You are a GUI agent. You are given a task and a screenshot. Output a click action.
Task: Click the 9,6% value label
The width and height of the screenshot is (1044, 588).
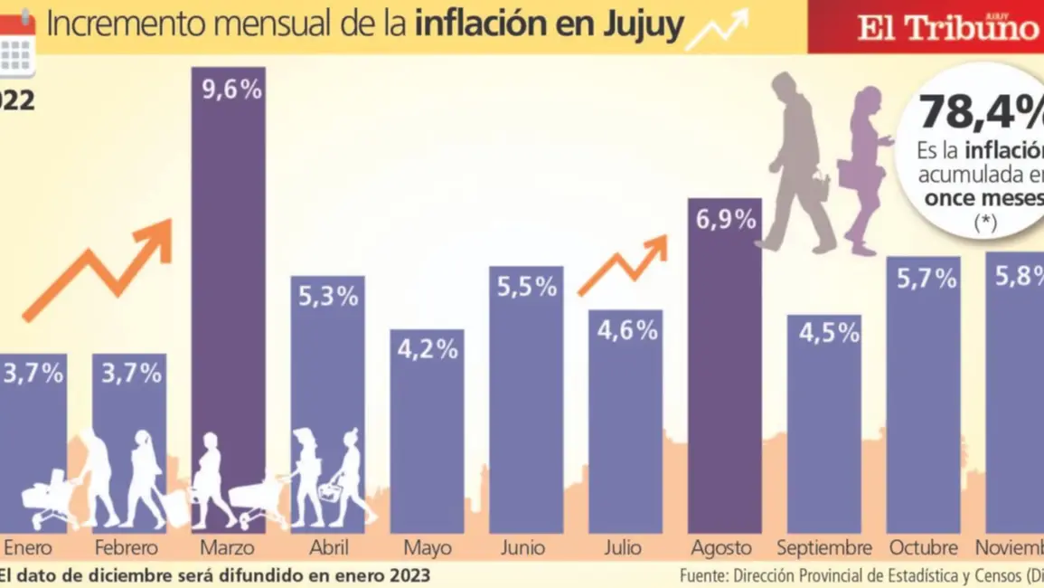(x=228, y=90)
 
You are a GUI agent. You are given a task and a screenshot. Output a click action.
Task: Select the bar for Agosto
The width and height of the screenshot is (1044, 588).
(x=724, y=380)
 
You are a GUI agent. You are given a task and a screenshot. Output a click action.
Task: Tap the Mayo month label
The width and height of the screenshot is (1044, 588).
(x=428, y=548)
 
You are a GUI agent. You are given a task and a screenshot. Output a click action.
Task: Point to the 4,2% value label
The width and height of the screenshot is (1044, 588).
(x=428, y=349)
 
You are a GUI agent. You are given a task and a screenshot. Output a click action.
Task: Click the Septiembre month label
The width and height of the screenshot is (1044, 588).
(x=823, y=548)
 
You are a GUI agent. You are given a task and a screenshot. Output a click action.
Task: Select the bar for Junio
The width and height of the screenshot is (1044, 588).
(x=526, y=407)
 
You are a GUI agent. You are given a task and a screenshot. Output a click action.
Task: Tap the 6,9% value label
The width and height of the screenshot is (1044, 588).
(x=725, y=219)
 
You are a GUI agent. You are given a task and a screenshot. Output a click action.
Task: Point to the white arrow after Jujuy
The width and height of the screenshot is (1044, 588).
(x=718, y=30)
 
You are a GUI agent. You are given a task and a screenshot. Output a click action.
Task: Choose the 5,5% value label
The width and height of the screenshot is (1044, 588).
(x=526, y=287)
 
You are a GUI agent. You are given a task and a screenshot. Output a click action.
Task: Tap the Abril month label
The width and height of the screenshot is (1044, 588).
(x=328, y=548)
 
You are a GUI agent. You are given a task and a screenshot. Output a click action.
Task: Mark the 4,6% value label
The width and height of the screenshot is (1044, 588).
(x=625, y=330)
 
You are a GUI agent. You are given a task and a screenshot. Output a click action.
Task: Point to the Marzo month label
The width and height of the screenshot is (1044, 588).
(x=228, y=548)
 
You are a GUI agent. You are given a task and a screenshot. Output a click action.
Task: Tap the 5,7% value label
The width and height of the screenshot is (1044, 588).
(x=923, y=279)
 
